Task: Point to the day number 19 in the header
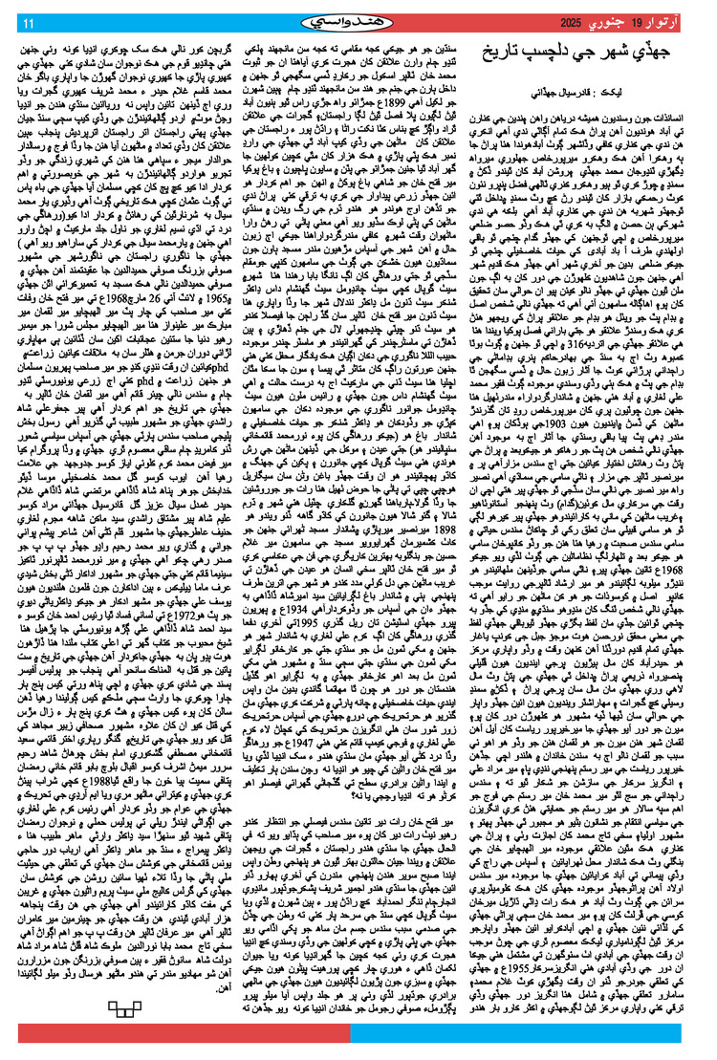click(654, 22)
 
